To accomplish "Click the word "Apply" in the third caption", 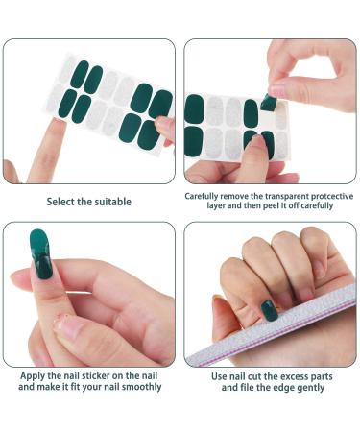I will tap(31, 376).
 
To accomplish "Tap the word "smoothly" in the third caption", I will tap(139, 387).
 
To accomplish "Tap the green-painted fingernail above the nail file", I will tap(271, 310).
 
